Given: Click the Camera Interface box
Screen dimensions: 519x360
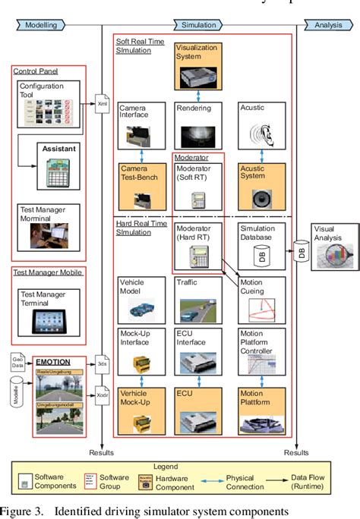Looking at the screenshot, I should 142,126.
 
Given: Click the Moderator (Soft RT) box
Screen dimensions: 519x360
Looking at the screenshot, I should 197,186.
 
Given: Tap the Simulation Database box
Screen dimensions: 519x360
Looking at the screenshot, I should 261,245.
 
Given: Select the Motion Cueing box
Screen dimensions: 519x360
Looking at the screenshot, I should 261,300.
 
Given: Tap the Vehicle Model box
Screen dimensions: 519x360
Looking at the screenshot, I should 142,300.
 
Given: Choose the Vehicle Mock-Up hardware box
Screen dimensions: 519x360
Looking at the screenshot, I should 142,408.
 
